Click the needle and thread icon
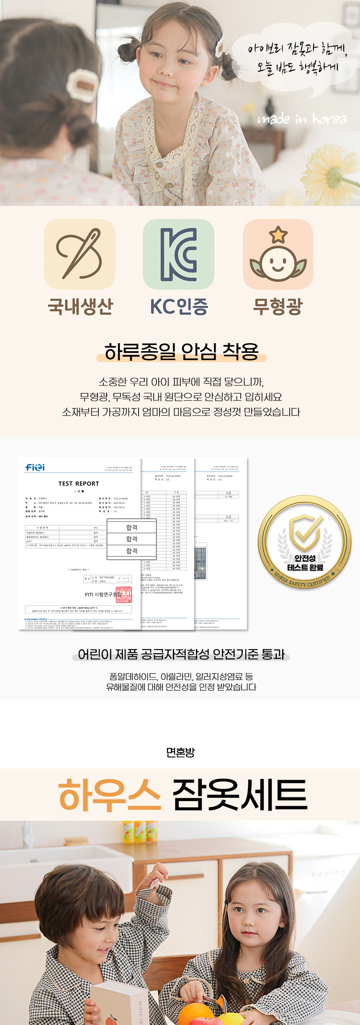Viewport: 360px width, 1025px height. tap(80, 254)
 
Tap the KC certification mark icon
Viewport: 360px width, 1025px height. tap(179, 254)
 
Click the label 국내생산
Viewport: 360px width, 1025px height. tap(80, 306)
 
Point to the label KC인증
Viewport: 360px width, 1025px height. tap(179, 306)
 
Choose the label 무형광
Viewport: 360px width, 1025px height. tap(278, 306)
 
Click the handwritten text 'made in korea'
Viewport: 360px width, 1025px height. tap(302, 119)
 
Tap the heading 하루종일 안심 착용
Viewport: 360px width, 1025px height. tap(181, 352)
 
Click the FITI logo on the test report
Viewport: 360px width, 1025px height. tap(35, 467)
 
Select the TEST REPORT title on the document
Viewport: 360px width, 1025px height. tap(79, 483)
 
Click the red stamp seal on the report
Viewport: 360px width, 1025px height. tap(123, 594)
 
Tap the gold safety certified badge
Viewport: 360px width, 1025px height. tap(304, 542)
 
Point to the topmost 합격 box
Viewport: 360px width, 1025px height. tap(132, 527)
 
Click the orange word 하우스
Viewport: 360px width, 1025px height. tap(110, 794)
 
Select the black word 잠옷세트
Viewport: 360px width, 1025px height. tap(240, 794)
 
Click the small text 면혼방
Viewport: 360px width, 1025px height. tap(180, 753)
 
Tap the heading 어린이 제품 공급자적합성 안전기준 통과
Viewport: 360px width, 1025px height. tap(181, 654)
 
